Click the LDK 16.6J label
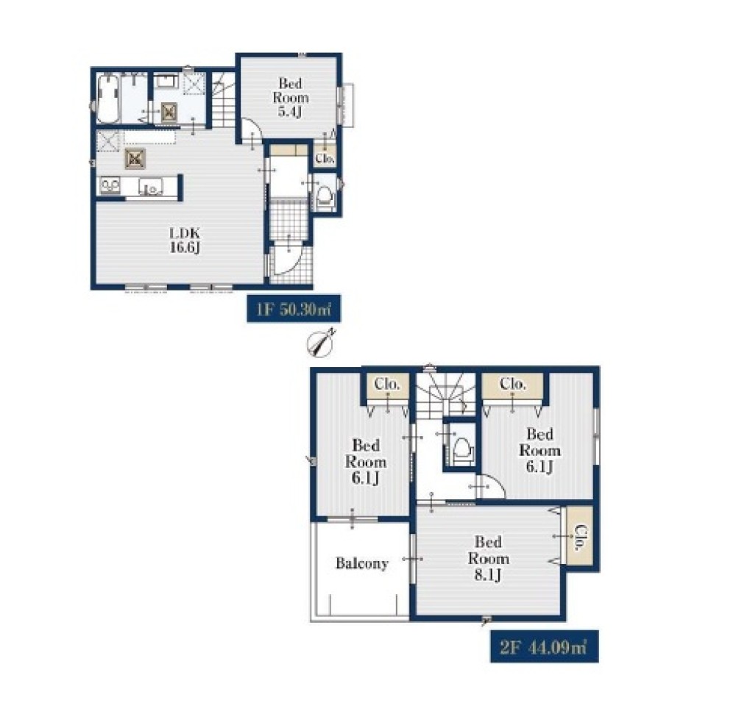(185, 240)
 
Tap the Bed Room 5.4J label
(291, 97)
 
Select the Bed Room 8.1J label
(488, 558)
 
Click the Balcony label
(362, 563)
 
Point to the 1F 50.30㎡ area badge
(294, 309)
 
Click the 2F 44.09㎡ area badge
(545, 647)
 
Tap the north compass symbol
(321, 341)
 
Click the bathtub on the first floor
(108, 99)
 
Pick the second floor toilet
(461, 449)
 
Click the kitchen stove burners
(110, 185)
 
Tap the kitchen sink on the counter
(151, 187)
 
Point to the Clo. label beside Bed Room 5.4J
(325, 159)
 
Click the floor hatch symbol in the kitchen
(135, 159)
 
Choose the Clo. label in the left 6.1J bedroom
(387, 384)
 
